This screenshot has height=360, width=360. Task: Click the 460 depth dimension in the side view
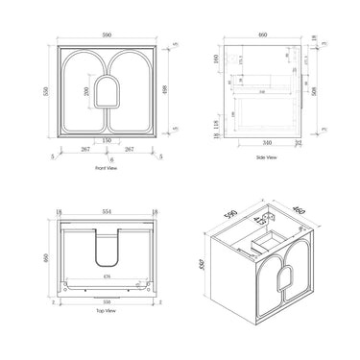click(263, 33)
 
